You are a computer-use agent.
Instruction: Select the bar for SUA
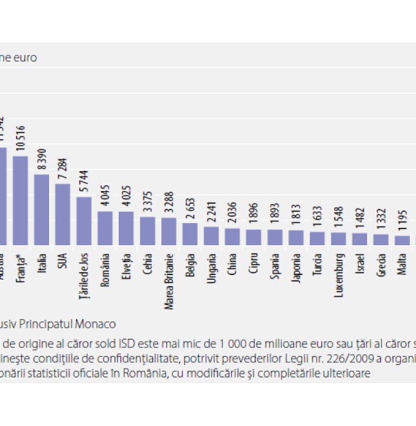pos(63,215)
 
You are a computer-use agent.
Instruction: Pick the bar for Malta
pos(402,240)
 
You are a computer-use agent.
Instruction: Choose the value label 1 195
pos(402,222)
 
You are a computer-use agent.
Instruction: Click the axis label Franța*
pos(21,266)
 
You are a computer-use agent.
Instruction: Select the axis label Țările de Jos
pos(84,274)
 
